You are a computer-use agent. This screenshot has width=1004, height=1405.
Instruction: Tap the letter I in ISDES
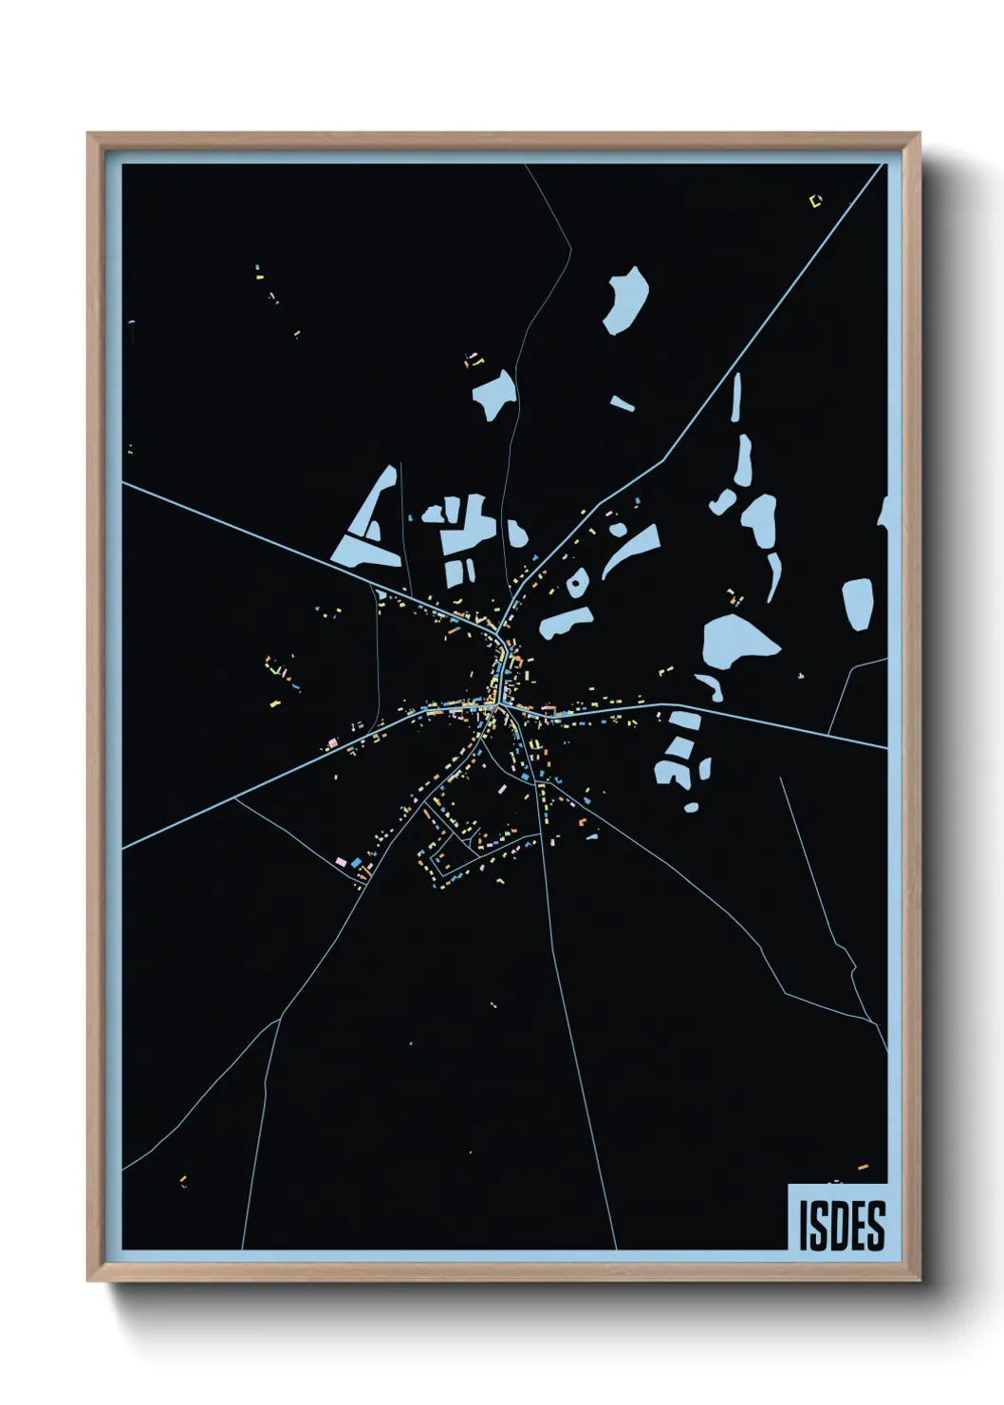pyautogui.click(x=804, y=1225)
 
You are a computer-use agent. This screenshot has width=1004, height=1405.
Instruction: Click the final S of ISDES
pyautogui.click(x=876, y=1225)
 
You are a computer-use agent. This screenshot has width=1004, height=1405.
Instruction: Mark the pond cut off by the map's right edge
pyautogui.click(x=883, y=513)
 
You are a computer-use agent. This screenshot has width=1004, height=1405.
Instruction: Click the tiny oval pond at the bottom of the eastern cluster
pyautogui.click(x=692, y=807)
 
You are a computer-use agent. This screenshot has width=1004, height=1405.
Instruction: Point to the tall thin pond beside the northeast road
pyautogui.click(x=736, y=399)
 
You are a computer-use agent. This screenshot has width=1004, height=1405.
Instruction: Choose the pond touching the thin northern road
pyautogui.click(x=495, y=393)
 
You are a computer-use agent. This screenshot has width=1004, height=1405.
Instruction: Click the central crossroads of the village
pyautogui.click(x=495, y=704)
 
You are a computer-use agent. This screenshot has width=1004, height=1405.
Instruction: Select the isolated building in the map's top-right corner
pyautogui.click(x=814, y=200)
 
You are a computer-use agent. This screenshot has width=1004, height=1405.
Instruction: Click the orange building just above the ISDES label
pyautogui.click(x=863, y=1166)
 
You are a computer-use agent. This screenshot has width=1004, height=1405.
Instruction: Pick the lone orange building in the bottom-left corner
pyautogui.click(x=183, y=1181)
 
